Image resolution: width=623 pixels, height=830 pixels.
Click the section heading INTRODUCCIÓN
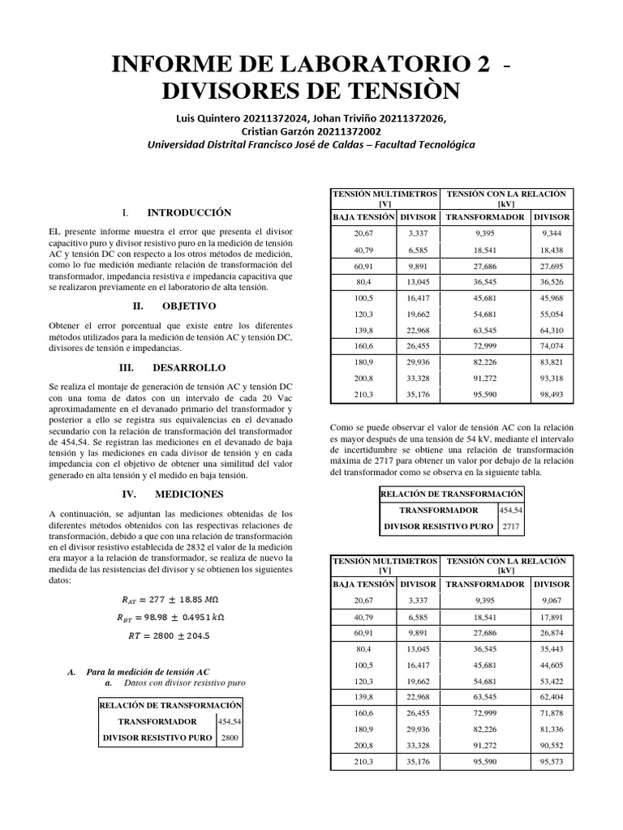(189, 212)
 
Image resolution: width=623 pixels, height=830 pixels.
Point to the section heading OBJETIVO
(188, 306)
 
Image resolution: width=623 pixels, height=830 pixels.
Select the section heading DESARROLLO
(190, 366)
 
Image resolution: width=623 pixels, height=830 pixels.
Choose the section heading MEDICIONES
(189, 493)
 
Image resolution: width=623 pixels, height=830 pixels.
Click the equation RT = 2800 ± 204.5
(169, 636)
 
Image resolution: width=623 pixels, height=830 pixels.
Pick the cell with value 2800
(230, 738)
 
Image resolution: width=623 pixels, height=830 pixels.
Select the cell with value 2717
(511, 526)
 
